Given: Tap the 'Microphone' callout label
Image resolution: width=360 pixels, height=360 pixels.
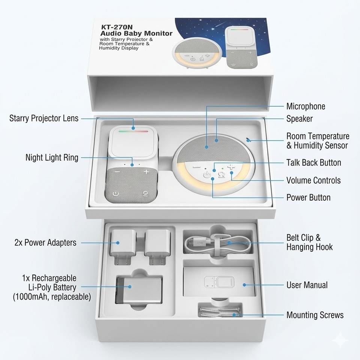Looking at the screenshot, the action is pos(306,106).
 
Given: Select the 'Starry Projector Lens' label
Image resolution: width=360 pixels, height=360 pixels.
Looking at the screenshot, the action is pos(44,118).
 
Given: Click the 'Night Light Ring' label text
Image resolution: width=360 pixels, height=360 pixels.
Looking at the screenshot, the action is pos(52,157).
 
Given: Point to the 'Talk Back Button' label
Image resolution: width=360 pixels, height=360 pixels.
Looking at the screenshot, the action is pos(313,163).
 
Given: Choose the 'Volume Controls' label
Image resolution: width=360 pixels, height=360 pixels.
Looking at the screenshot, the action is pos(313,180).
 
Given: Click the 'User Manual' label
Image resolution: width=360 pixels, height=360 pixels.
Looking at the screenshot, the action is pos(307,285).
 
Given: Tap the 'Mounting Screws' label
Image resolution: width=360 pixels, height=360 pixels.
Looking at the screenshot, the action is pos(315,315).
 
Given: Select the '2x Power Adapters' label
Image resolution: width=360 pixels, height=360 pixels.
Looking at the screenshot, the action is pos(45,243).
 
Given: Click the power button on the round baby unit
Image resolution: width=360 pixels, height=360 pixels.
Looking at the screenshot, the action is pos(206,175).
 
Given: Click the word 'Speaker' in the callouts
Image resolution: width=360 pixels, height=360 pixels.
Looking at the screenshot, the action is pos(299,119).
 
